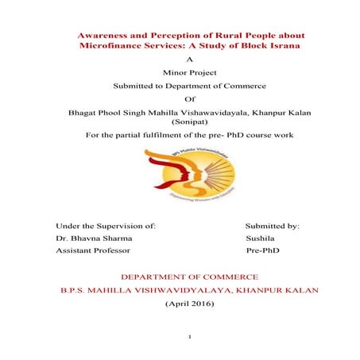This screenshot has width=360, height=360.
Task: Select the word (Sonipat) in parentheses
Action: (188, 123)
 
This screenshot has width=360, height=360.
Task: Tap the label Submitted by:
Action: (272, 226)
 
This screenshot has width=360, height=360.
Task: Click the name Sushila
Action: (261, 238)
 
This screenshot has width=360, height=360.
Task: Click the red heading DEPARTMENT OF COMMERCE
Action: (188, 277)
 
